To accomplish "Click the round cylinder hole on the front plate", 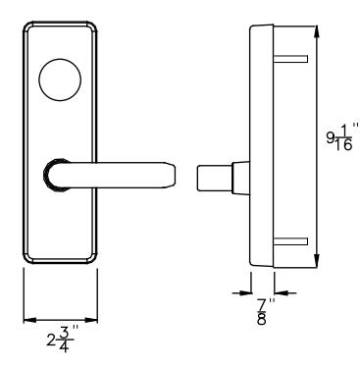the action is click(60, 79).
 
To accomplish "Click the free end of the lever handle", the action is click(173, 175).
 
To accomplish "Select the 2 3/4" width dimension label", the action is click(63, 340).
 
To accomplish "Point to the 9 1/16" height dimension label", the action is click(342, 136).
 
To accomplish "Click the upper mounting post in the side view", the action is click(290, 59).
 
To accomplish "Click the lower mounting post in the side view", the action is click(290, 241).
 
